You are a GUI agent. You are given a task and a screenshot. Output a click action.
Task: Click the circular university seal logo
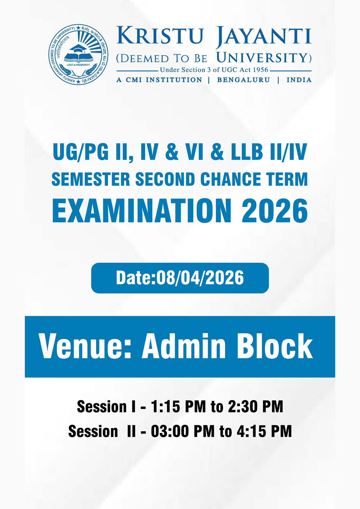(78, 55)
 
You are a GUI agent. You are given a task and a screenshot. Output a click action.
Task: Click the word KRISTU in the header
(160, 36)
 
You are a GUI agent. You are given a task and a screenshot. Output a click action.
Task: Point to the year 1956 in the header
(261, 70)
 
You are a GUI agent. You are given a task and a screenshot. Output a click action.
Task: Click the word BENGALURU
(243, 80)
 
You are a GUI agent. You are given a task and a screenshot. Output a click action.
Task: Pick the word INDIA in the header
(299, 80)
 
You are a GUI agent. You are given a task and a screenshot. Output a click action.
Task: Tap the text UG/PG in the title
(81, 152)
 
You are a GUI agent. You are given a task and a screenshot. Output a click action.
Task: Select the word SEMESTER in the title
(90, 179)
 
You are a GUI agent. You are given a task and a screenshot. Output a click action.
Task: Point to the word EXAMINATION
(142, 211)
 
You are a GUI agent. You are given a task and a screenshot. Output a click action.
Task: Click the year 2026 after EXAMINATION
(274, 211)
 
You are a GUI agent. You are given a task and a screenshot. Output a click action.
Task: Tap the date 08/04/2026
(200, 278)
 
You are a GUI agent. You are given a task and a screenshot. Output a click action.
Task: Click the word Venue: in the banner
(85, 346)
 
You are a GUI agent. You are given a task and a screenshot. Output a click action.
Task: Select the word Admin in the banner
(184, 346)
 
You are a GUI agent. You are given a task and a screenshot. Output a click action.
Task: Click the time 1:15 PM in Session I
(178, 407)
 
